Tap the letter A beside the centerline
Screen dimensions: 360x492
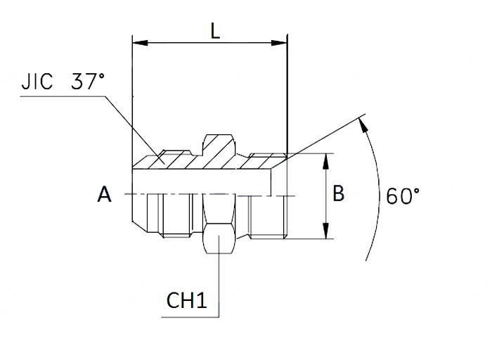pyautogui.click(x=104, y=194)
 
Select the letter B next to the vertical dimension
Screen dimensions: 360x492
pyautogui.click(x=338, y=193)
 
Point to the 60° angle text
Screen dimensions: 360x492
pyautogui.click(x=403, y=195)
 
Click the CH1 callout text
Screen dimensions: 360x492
pyautogui.click(x=186, y=300)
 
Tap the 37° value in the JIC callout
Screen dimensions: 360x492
pyautogui.click(x=88, y=82)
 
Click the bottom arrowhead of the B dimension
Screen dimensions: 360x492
pyautogui.click(x=325, y=233)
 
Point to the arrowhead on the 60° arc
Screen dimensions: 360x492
pyautogui.click(x=363, y=124)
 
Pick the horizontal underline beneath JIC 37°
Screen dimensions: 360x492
pyautogui.click(x=63, y=97)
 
